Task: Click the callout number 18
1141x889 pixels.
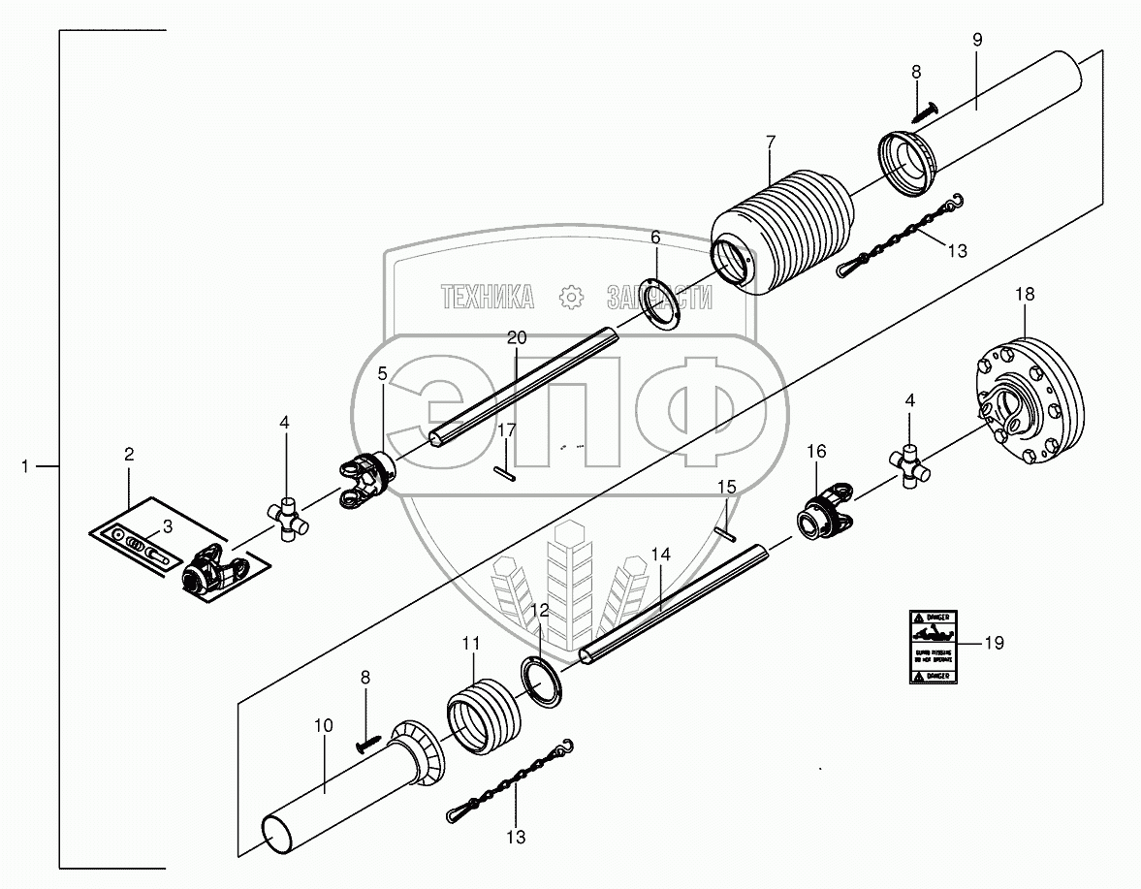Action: pos(1025,293)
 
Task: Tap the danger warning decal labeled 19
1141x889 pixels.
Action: pos(933,647)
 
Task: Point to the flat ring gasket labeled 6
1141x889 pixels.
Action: pos(663,305)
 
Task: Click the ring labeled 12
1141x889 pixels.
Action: pos(546,682)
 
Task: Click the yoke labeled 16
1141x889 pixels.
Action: pos(827,513)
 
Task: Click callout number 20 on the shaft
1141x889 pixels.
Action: pos(516,337)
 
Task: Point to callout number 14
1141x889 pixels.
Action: pos(660,555)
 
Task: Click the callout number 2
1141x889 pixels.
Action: pos(129,453)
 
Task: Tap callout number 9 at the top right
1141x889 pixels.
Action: pos(977,40)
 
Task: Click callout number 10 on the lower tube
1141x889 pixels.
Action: pos(323,725)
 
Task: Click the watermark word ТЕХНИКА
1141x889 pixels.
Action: pos(487,297)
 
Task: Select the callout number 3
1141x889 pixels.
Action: pos(167,526)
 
